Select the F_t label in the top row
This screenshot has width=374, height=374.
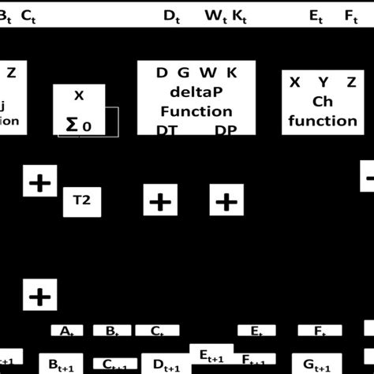[351, 16]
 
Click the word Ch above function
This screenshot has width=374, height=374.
[323, 102]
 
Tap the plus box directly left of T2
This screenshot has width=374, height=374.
[38, 183]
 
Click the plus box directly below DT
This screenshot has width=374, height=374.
[160, 201]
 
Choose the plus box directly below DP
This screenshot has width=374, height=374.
[226, 201]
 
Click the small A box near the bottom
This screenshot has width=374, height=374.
[67, 331]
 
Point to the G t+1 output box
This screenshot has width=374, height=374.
[321, 362]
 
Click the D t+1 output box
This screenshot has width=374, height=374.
[166, 364]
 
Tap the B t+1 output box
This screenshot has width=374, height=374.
[61, 363]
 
